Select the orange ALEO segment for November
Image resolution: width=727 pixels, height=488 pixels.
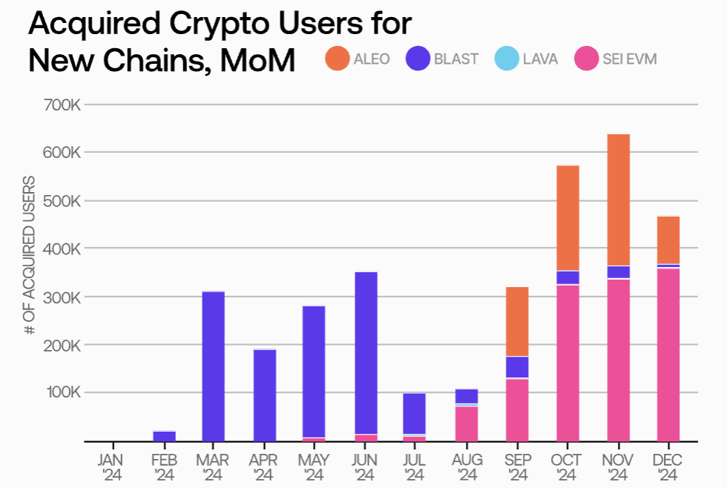coord(618,200)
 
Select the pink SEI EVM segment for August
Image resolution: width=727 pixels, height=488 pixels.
coord(467,423)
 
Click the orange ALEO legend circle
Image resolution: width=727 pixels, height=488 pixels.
coord(337,59)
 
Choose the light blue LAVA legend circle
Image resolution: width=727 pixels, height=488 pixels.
coord(507,59)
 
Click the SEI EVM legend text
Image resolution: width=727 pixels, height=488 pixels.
coord(630,59)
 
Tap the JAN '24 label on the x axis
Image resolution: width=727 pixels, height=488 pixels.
coord(112,466)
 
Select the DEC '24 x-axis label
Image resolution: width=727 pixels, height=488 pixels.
coord(668,466)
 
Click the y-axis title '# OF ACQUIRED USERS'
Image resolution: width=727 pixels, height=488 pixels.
coord(30,255)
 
